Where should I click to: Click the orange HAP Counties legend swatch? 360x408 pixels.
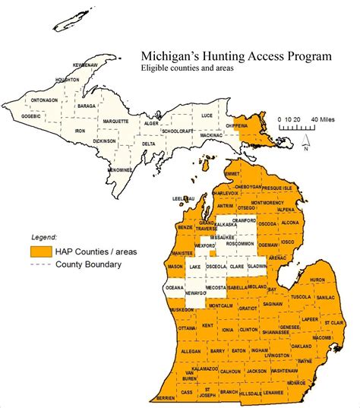[x=40, y=251]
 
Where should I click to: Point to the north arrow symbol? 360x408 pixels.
[x=303, y=141]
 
